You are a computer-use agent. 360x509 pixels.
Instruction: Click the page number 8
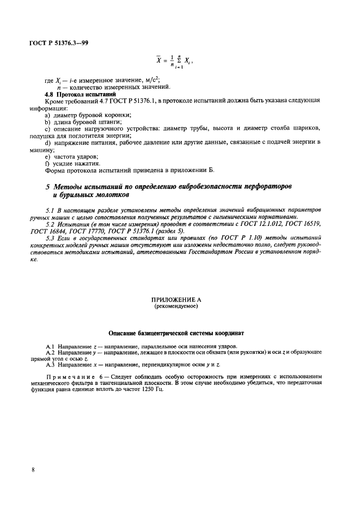pos(33,469)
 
